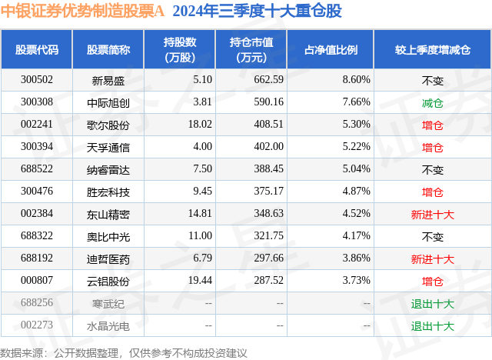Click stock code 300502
(x=37, y=79)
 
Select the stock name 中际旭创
(x=108, y=102)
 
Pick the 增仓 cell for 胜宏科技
(x=433, y=192)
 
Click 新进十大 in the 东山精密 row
(x=433, y=214)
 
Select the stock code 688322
(x=37, y=236)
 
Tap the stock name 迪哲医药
(x=108, y=259)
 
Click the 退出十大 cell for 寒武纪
(x=433, y=304)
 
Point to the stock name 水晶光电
(x=108, y=326)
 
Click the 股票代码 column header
(x=37, y=49)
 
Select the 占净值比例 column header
(x=337, y=49)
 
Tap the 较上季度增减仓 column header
(x=433, y=49)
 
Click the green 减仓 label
(x=433, y=102)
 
